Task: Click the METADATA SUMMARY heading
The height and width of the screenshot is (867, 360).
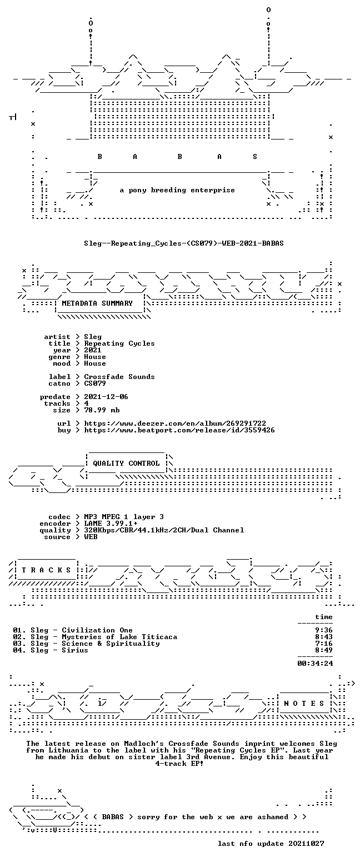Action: pos(97,303)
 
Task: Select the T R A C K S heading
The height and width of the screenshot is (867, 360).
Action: pos(47,570)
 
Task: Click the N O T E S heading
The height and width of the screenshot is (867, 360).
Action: pos(304,703)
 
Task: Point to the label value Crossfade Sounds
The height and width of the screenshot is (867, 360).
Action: pos(119,377)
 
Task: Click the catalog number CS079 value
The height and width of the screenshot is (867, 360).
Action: pos(95,383)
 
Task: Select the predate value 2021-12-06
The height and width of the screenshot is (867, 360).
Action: pos(106,397)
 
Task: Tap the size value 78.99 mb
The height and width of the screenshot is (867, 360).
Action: pos(102,410)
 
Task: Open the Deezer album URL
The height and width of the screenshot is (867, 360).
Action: pos(175,423)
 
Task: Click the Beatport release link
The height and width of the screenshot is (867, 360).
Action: pos(179,430)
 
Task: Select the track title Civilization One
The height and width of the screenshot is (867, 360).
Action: pos(97,630)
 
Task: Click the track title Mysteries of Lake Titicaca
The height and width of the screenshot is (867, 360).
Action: pos(119,637)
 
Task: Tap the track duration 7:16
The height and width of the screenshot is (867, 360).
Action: pos(324,644)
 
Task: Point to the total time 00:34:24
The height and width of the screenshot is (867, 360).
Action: pos(315,664)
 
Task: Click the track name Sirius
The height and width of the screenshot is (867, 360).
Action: pos(75,650)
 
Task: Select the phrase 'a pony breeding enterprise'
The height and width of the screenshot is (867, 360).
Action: pos(177,190)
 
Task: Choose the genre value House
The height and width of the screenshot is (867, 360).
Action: pos(95,357)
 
